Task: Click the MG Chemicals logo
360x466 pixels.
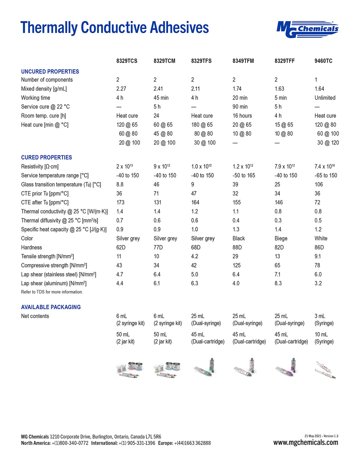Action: coord(307,29)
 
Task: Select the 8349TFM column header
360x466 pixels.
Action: coord(243,61)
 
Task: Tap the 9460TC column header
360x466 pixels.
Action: coord(323,61)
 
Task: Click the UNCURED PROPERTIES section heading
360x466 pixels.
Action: coord(50,72)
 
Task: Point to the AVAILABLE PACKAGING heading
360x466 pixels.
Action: coord(51,307)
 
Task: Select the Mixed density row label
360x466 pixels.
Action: coord(44,89)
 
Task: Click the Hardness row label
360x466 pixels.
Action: coord(31,247)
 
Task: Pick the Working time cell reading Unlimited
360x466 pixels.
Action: coord(325,98)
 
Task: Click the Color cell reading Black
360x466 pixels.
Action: coord(238,238)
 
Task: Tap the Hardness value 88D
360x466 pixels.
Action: coord(237,247)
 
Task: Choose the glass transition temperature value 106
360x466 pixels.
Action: coord(319,184)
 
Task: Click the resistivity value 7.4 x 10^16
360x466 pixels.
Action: coord(324,166)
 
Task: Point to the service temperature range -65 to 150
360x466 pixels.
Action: coord(326,175)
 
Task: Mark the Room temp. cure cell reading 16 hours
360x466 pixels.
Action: coord(242,116)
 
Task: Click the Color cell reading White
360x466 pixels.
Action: coord(321,238)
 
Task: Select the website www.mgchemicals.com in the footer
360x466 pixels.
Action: coord(305,443)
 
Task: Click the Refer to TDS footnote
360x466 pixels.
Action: coord(52,292)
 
